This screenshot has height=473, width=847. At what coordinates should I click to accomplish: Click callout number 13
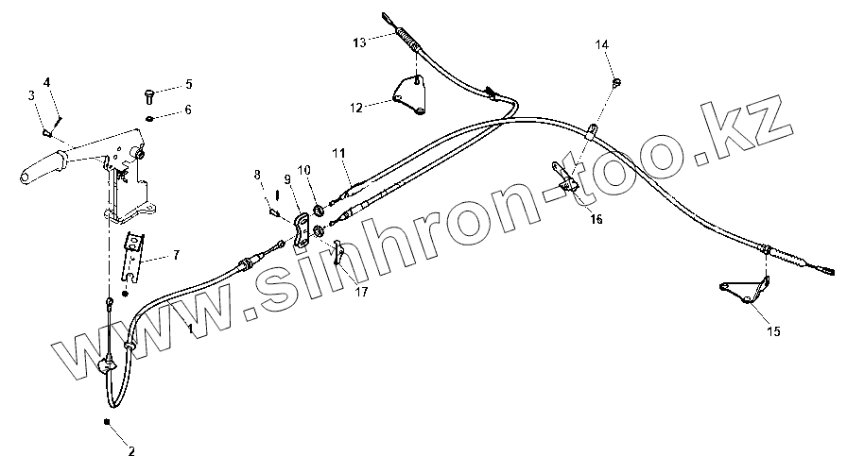coord(359,42)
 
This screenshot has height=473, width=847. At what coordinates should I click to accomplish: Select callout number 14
coord(603,44)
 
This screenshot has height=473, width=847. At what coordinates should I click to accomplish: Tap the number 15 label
coord(773,331)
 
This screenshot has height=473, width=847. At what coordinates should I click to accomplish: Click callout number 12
coord(356,108)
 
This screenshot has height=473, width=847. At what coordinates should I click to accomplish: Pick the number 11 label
coord(337,151)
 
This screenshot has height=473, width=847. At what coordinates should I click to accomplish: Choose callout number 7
coord(176,256)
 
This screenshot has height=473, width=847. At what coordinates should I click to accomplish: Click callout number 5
coord(188,85)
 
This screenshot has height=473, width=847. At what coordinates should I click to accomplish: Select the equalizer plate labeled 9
coord(301,231)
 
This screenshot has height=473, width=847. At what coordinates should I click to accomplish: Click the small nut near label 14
coord(617,83)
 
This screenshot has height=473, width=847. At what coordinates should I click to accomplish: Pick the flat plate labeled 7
coord(136,254)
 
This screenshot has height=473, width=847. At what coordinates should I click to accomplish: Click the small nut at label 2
coord(109,421)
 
